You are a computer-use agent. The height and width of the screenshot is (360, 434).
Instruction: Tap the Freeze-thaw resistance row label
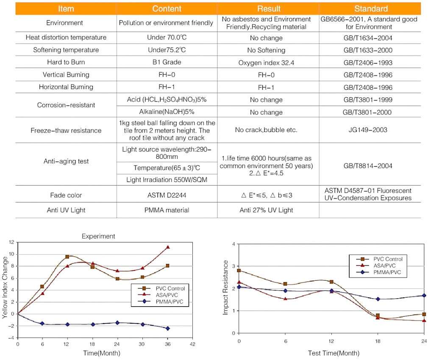tap(66, 130)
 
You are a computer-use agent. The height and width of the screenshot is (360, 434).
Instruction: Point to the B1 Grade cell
tap(167, 62)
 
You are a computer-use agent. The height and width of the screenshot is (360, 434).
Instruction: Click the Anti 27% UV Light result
tap(266, 210)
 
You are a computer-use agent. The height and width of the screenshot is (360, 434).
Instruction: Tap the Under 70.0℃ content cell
tap(167, 38)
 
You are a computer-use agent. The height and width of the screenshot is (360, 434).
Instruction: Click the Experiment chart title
tap(98, 236)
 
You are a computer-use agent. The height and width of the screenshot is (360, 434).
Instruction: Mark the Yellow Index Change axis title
tap(5, 290)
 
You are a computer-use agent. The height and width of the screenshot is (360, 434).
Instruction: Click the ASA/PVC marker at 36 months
tap(168, 247)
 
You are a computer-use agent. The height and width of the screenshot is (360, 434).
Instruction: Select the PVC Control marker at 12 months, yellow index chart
tap(67, 257)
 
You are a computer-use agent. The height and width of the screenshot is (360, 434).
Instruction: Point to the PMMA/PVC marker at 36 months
tap(168, 328)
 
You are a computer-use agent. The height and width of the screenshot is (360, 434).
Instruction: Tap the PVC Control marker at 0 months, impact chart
tap(239, 271)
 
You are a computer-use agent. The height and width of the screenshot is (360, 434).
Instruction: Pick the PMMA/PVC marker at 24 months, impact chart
tap(423, 296)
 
